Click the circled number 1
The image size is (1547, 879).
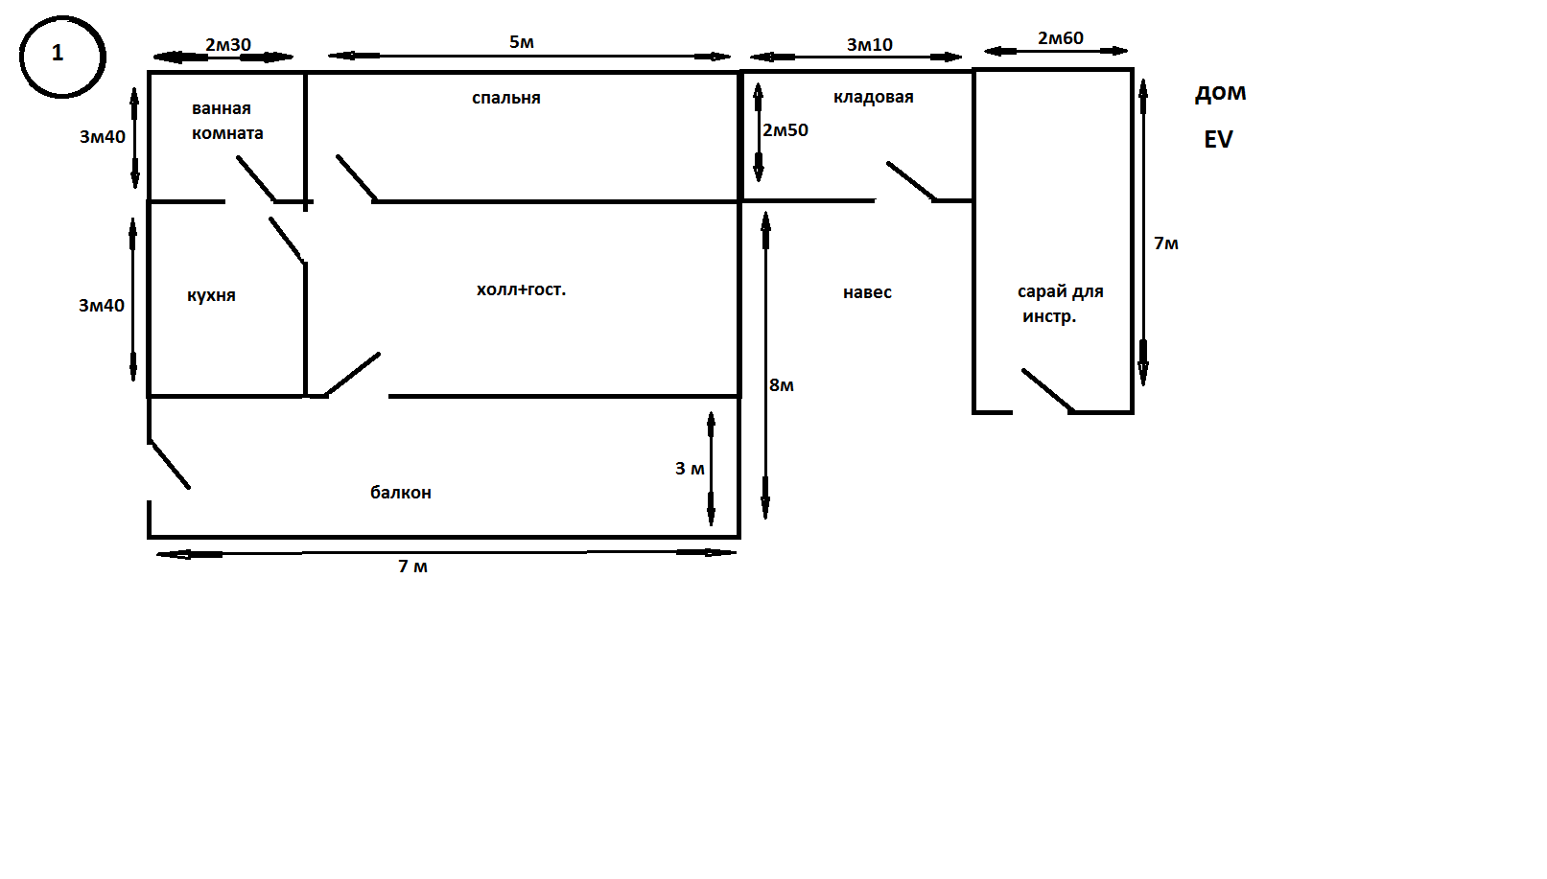coord(62,57)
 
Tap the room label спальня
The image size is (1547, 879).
coord(506,98)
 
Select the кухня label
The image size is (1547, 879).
coord(211,295)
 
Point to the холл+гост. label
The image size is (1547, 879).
coord(521,289)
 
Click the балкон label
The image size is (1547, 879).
coord(401,492)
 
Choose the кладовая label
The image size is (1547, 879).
coord(873,97)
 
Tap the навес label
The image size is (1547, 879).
coord(867,292)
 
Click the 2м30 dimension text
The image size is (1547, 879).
coord(228,45)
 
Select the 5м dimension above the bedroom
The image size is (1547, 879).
coord(522,42)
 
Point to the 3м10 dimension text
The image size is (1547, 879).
coord(870,45)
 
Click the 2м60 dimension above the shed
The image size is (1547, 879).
coord(1060,38)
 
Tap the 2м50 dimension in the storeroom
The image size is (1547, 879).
coord(785,129)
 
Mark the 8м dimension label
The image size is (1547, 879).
coord(782,385)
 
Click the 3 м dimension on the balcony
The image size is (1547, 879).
coord(690,469)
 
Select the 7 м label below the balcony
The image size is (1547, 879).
coord(413,567)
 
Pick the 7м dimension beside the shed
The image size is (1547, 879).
coord(1166,243)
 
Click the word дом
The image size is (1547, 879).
coord(1220,93)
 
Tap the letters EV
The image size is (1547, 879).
coord(1218,140)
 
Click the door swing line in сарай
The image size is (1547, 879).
coord(1048,391)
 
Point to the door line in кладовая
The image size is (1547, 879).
coord(912,181)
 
